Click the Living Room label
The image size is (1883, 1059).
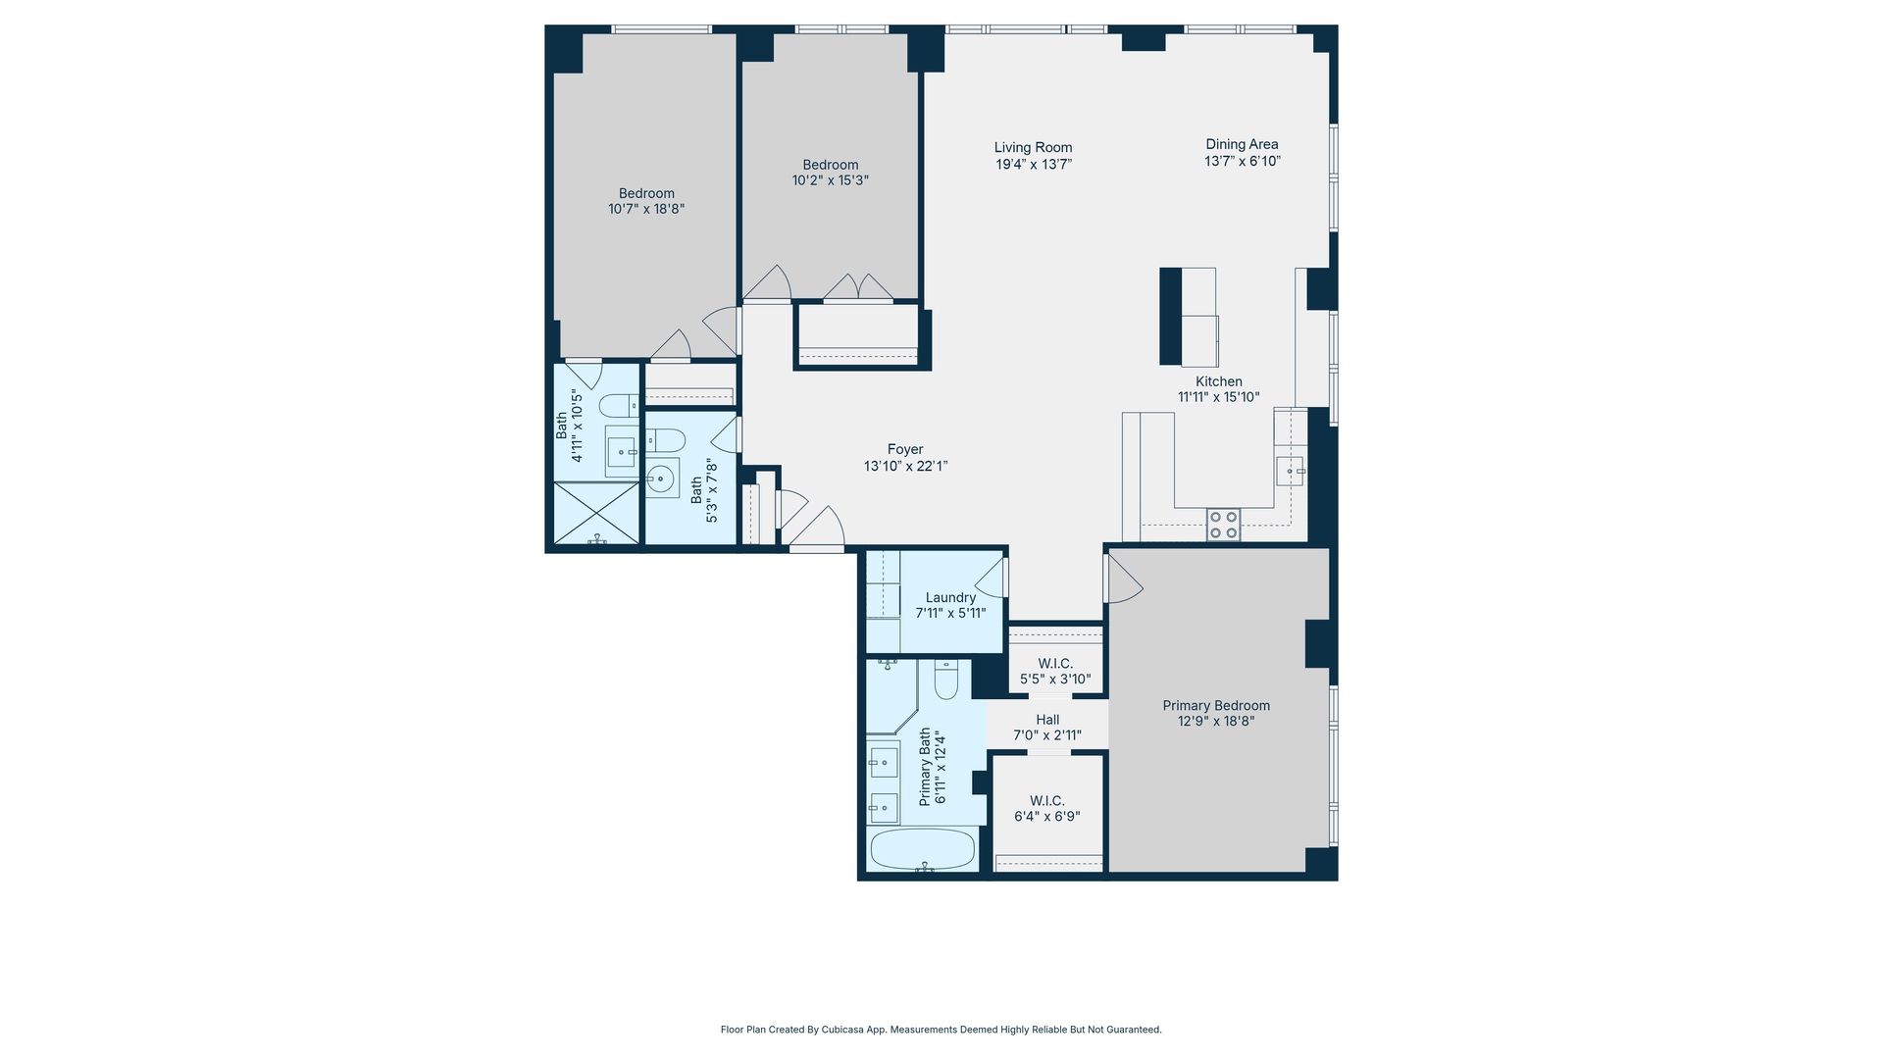(x=1033, y=148)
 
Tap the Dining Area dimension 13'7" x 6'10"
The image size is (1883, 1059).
(x=1243, y=161)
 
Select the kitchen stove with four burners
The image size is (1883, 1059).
(x=1223, y=525)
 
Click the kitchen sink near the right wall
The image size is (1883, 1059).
(x=1290, y=472)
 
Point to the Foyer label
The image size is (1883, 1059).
(x=905, y=450)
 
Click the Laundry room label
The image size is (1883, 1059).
(x=950, y=598)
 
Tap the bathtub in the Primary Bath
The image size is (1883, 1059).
(x=923, y=849)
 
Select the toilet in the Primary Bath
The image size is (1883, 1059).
(x=945, y=680)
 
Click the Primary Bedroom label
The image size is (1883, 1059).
(x=1216, y=706)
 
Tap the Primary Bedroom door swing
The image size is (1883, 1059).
(x=1123, y=580)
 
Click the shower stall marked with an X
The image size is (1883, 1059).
(x=596, y=513)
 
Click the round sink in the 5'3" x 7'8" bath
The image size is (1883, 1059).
(x=661, y=479)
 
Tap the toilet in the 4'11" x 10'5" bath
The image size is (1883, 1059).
(x=617, y=405)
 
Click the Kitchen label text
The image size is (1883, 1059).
(x=1218, y=381)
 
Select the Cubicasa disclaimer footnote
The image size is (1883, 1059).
(x=941, y=1030)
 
